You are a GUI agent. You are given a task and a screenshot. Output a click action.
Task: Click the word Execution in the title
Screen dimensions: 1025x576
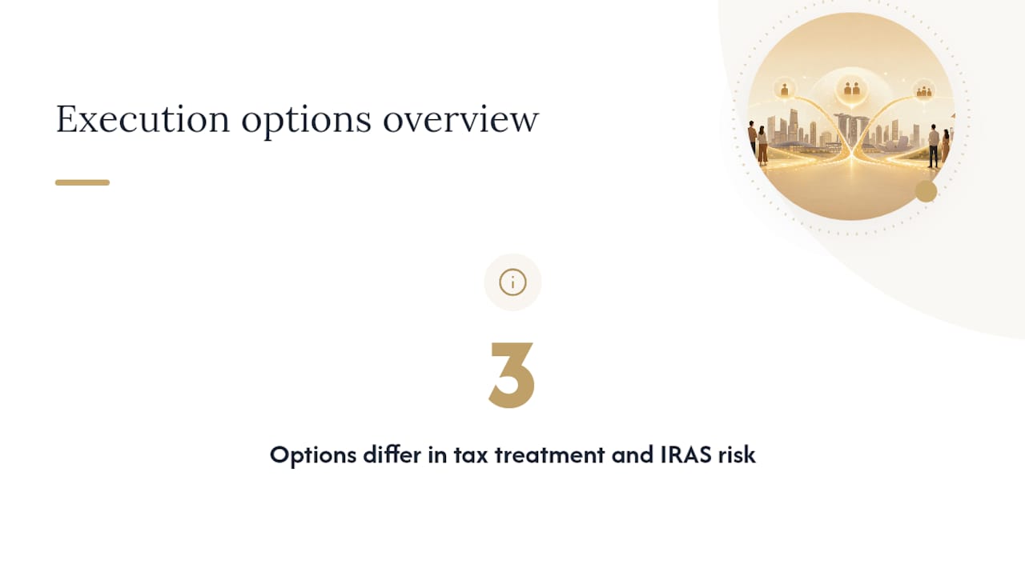[x=143, y=119]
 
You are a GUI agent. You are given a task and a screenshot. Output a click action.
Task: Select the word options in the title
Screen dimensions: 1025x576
[x=306, y=121]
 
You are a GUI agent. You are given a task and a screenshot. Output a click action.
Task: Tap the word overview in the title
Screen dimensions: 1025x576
[x=460, y=121]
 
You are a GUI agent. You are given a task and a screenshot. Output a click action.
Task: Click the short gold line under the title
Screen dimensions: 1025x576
[x=82, y=182]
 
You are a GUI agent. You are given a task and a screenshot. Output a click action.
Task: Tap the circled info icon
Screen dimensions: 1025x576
[x=512, y=282]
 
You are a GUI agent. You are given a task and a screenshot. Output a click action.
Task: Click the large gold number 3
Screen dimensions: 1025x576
[x=512, y=375]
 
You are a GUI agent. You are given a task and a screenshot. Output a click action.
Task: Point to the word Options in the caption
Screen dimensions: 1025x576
[x=313, y=455]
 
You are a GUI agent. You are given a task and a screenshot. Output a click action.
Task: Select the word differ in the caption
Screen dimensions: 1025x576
[x=392, y=454]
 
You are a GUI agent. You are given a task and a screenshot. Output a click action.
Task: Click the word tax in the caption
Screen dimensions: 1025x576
[x=470, y=455]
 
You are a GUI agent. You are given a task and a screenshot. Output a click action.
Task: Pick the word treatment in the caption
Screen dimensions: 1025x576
[x=549, y=455]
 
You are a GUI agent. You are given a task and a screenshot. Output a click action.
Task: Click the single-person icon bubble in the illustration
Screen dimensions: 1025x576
[x=784, y=89]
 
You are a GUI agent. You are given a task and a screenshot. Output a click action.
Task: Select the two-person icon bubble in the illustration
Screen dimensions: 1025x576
[x=851, y=89]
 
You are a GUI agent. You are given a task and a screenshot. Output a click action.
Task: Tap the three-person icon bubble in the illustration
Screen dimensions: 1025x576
[x=924, y=91]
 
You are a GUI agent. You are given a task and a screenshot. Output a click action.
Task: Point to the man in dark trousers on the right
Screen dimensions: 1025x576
[x=934, y=146]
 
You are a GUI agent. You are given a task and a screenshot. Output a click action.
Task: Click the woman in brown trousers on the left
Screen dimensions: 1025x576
[x=762, y=146]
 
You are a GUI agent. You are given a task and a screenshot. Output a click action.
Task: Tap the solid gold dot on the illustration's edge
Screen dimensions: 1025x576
[x=926, y=191]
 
